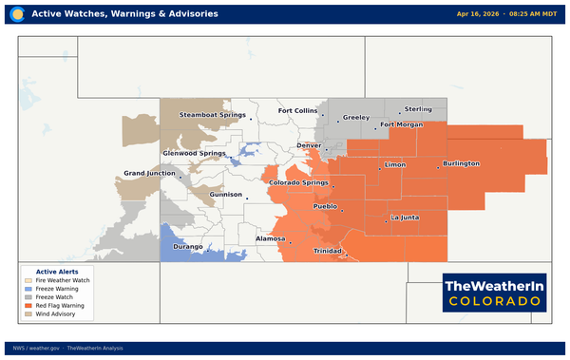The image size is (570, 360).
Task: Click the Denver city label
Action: (310, 145)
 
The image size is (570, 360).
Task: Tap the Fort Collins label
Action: (297, 111)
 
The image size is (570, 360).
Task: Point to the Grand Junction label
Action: (149, 173)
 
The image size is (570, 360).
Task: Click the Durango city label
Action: (188, 246)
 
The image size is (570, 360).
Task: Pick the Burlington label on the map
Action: (461, 163)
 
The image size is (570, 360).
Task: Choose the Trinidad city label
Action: (328, 251)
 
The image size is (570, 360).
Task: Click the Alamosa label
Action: (271, 238)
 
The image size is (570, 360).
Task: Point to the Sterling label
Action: (418, 109)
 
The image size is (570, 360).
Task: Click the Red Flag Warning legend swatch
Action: (28, 305)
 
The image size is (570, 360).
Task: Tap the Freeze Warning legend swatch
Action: (28, 289)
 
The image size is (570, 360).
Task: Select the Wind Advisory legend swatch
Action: (28, 313)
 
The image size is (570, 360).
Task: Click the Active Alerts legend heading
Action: (50, 272)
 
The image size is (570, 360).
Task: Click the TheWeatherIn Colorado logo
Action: (495, 292)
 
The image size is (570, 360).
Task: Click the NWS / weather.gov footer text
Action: (36, 349)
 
